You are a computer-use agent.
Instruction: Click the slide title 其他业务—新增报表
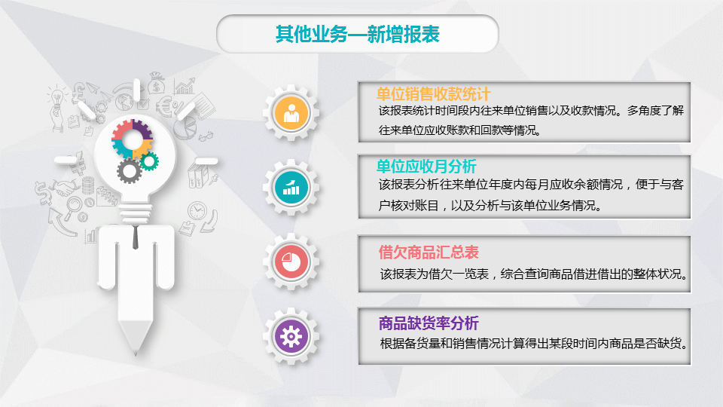(357, 34)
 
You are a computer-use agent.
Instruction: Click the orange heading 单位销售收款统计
(433, 94)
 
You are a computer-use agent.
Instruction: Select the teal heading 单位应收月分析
(426, 166)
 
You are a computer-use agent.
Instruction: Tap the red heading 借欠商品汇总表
(429, 252)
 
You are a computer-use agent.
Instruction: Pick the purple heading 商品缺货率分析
(429, 323)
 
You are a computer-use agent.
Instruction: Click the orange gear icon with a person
(291, 112)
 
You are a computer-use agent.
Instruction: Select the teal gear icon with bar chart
(291, 187)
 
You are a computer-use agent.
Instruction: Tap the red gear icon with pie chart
(291, 262)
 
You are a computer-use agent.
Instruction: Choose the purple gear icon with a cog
(291, 336)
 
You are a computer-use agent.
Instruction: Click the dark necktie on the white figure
(136, 237)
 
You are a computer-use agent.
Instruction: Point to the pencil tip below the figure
(136, 353)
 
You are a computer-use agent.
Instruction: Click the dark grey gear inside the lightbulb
(129, 171)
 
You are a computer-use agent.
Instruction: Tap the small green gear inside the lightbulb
(149, 161)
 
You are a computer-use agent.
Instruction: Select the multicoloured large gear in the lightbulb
(133, 139)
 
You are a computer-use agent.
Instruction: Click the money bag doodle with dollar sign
(157, 83)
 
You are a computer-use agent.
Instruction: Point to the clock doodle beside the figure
(197, 210)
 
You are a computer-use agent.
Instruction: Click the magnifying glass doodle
(72, 208)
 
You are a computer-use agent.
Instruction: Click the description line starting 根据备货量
(533, 344)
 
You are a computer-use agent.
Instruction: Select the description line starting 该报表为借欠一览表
(533, 274)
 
